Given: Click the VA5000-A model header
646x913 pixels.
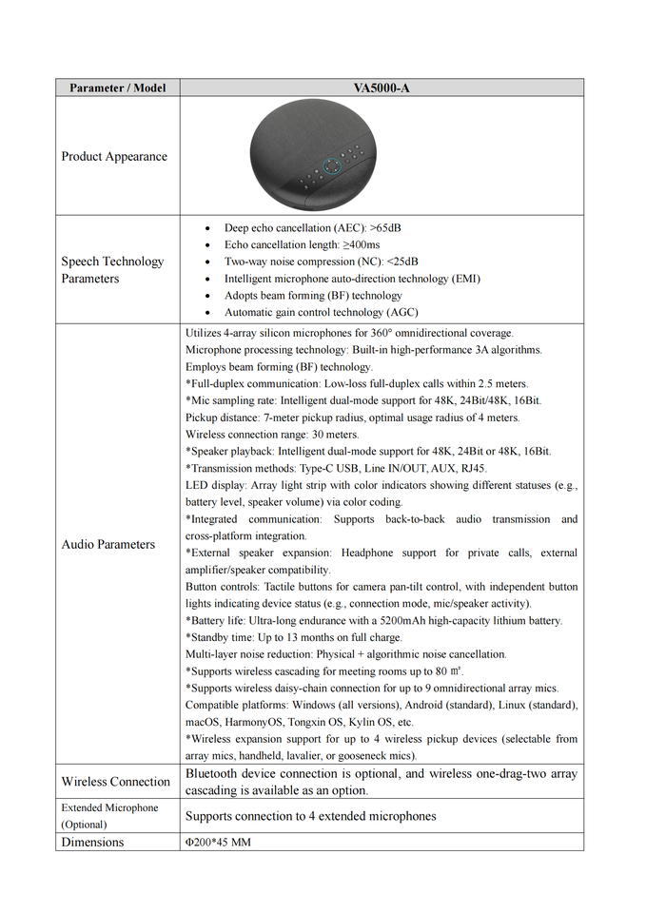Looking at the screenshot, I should click(382, 87).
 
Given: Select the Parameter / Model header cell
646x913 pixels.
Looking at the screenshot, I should click(117, 87).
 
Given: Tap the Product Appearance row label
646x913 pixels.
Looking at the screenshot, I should click(114, 157).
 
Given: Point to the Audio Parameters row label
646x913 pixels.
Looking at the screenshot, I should click(108, 544).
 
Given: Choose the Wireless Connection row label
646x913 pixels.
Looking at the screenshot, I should click(115, 782).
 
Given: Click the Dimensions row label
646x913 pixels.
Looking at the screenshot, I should click(92, 842).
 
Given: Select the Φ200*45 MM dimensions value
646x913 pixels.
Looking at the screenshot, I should click(218, 843).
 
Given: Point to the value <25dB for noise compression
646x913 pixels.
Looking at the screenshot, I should click(400, 262).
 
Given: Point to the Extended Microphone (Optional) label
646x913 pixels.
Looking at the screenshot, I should click(109, 816).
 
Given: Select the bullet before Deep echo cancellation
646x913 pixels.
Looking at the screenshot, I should click(208, 228).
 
